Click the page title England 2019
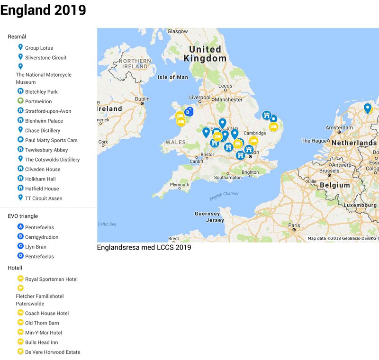[43, 10]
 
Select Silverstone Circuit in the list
[45, 58]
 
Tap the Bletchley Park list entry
[41, 92]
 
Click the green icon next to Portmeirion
[20, 101]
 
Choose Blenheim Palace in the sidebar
[44, 121]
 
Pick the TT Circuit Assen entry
[44, 198]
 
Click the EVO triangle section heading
[23, 216]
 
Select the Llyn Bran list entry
[36, 247]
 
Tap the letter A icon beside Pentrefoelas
[20, 227]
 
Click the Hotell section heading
[15, 268]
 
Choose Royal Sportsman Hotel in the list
[51, 279]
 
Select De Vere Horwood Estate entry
[53, 352]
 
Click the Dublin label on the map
[142, 99]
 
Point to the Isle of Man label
[172, 77]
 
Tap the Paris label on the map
[294, 225]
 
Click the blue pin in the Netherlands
[367, 108]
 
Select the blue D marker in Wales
[188, 112]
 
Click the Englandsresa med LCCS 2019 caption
[144, 247]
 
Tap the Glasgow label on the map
[178, 31]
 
